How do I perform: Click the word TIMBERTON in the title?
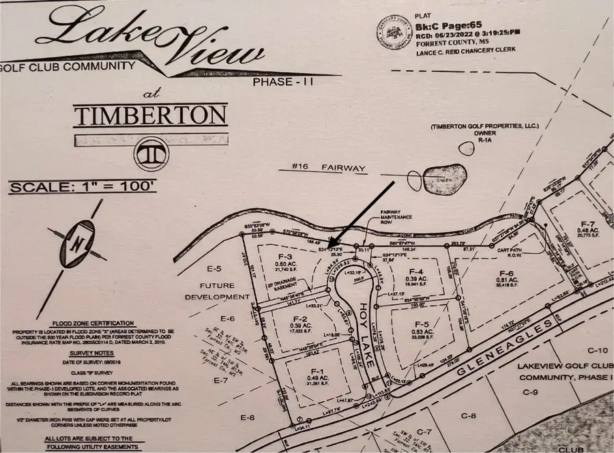[150, 115]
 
